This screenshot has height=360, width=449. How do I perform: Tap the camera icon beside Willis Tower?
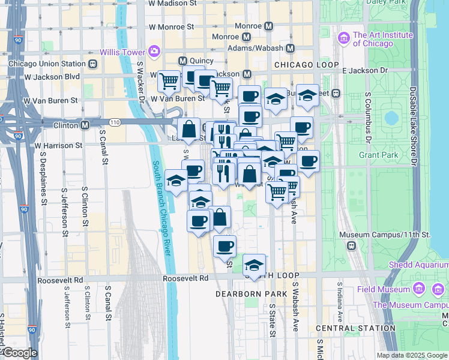point(154,52)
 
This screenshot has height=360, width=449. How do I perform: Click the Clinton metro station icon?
point(86,125)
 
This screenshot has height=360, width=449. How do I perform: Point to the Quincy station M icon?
point(182,61)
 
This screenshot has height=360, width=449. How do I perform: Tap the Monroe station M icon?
point(268,26)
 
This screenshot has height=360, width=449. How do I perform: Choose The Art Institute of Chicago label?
point(383,39)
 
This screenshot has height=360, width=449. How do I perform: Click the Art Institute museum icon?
point(344,39)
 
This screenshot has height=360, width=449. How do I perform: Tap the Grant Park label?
point(379,155)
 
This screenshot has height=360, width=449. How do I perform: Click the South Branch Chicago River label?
point(162,208)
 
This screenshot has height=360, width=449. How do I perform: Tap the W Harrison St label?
point(58,145)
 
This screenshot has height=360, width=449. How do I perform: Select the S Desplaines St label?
point(43,178)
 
